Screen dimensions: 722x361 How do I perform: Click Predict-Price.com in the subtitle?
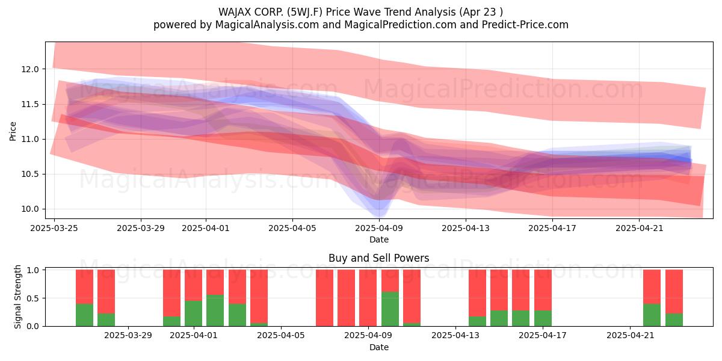(525, 25)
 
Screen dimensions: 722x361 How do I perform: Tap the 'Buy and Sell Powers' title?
(378, 258)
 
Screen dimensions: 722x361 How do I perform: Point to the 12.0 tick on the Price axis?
(30, 69)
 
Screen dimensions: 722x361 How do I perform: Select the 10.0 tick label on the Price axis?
(30, 209)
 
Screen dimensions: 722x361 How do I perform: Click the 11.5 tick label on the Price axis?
(30, 105)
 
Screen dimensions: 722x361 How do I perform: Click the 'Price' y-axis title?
(13, 131)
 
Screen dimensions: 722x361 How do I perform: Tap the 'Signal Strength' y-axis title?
(17, 297)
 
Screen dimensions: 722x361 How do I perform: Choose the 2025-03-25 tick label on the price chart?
(54, 228)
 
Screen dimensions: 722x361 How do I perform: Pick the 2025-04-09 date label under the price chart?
(379, 228)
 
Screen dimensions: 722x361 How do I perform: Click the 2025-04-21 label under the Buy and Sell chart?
(631, 336)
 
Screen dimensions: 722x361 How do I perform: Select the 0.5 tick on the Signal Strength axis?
(32, 298)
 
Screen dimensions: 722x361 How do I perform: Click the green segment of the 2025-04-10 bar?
(390, 309)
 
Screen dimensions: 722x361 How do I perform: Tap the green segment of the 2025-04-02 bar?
(215, 310)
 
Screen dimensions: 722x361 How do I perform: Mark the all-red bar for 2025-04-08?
(346, 298)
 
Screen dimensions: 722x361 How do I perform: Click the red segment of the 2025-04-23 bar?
(674, 291)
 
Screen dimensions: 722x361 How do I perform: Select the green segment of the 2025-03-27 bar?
(106, 319)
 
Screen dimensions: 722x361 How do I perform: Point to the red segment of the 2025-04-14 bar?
(477, 293)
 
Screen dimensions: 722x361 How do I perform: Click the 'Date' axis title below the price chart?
(378, 239)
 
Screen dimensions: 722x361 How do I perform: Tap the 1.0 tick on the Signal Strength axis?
(32, 270)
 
